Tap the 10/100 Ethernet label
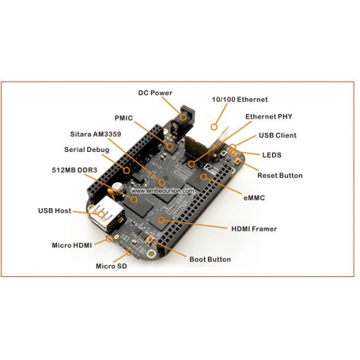(240, 100)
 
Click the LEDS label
(271, 154)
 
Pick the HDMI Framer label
(255, 229)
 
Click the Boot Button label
(210, 259)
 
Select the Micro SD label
(112, 266)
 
